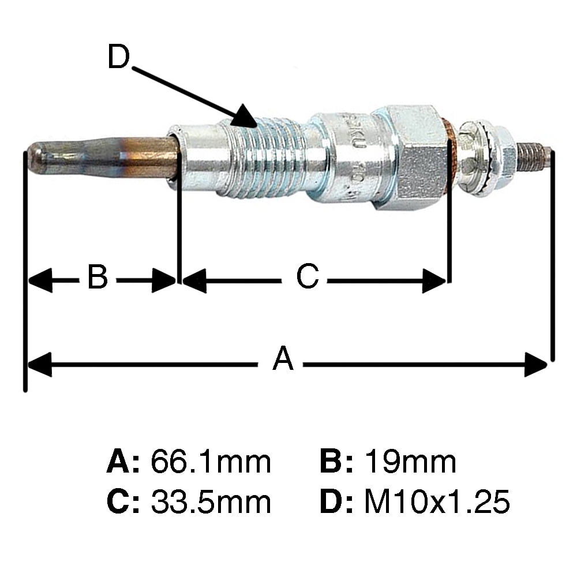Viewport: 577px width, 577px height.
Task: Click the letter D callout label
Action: click(119, 58)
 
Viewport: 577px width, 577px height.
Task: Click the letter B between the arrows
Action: click(98, 277)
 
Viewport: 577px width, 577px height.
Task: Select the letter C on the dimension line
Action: click(308, 277)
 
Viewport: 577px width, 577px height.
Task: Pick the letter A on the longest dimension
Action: click(283, 360)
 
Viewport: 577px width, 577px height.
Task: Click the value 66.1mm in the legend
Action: click(211, 462)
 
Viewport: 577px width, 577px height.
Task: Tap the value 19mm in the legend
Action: click(410, 462)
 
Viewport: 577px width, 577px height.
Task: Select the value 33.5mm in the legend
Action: click(211, 503)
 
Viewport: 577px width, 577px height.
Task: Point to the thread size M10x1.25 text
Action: click(437, 503)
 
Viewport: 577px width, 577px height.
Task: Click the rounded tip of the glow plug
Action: click(36, 158)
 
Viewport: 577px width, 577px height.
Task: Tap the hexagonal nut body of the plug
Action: click(417, 157)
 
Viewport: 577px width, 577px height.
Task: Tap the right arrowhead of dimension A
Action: click(537, 364)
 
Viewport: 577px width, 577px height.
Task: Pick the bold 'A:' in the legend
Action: click(123, 462)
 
